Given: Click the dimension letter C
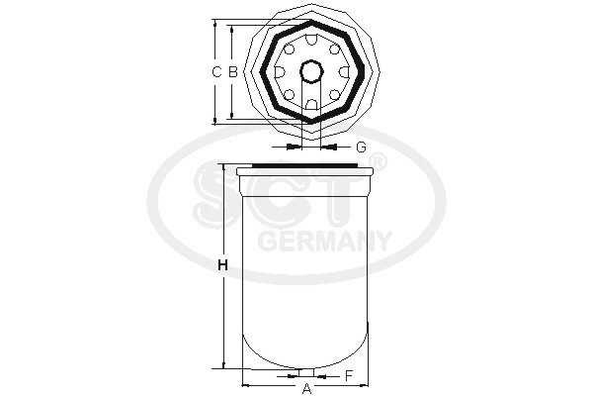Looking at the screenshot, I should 217,71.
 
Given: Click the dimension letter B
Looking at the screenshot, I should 233,71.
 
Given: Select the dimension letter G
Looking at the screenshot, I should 361,147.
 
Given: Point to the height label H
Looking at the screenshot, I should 223,265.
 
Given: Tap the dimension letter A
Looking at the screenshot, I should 306,388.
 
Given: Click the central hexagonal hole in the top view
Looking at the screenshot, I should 311,71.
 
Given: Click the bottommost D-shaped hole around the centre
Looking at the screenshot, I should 311,104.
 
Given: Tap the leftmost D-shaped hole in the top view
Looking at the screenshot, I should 280,71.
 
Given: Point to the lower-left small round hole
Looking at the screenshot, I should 289,95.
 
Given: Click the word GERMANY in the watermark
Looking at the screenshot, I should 324,241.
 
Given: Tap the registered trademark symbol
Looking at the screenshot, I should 377,161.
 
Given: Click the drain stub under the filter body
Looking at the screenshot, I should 306,373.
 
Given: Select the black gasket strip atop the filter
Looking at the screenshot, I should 306,165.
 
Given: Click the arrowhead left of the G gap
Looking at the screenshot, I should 293,147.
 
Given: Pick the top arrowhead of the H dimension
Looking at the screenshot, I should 223,167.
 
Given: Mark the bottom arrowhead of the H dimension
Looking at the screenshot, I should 223,366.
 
